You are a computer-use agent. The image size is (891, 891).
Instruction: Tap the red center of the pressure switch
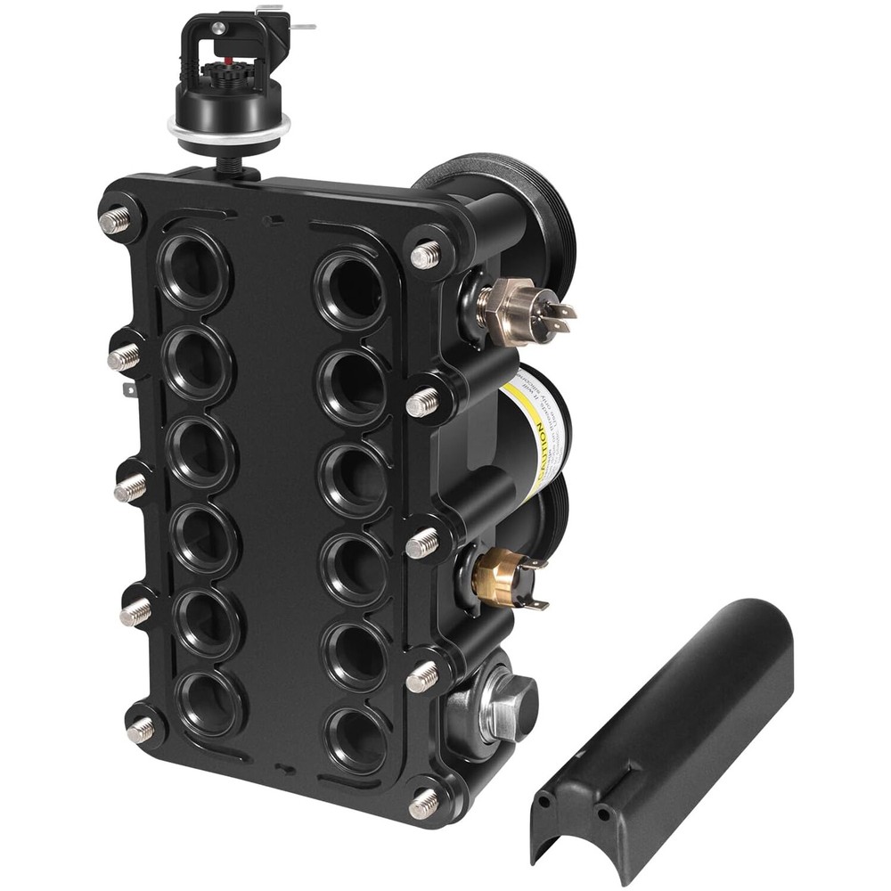click(x=228, y=61)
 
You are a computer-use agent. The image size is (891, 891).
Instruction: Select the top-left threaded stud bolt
click(x=115, y=220)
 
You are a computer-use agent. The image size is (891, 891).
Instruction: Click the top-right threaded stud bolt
click(x=425, y=256)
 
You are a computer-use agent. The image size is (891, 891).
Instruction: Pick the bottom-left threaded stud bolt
click(x=140, y=731)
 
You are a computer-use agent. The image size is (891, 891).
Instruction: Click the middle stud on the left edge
click(x=130, y=487)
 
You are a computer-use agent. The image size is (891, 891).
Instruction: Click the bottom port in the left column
click(x=210, y=703)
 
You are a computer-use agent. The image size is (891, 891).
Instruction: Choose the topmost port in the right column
click(x=351, y=289)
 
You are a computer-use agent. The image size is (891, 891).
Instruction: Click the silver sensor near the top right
click(x=514, y=307)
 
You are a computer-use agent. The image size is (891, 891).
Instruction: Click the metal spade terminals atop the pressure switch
click(x=285, y=20)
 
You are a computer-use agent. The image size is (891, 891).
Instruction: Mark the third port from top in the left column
click(x=200, y=450)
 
